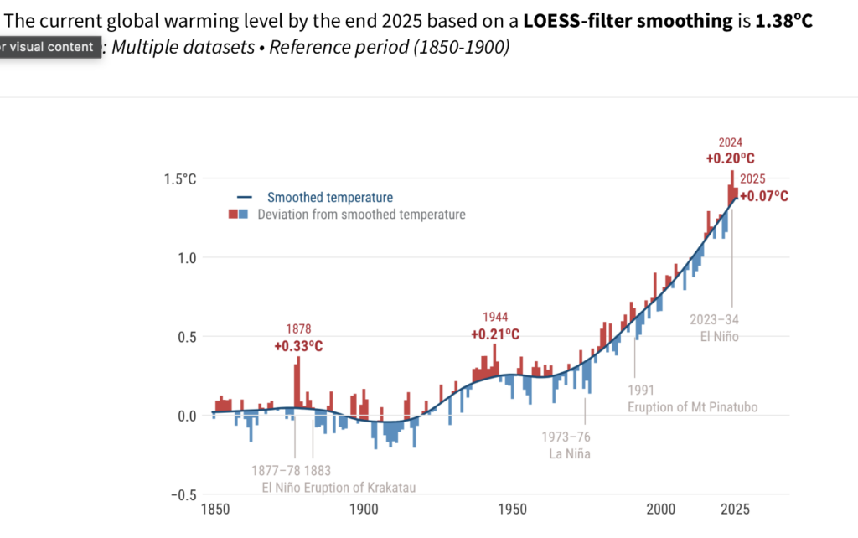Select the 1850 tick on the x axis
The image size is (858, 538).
click(214, 509)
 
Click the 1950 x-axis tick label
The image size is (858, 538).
click(512, 509)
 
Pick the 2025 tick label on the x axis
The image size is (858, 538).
click(736, 509)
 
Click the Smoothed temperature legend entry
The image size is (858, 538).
click(329, 198)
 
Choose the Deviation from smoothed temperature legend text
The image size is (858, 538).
click(361, 215)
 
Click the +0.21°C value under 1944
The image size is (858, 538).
click(495, 334)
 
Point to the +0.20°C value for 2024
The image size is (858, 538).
click(730, 158)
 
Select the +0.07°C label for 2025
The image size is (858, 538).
click(764, 196)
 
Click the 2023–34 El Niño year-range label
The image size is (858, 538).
click(715, 319)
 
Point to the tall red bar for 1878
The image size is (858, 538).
click(297, 381)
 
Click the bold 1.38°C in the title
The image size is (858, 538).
click(784, 21)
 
